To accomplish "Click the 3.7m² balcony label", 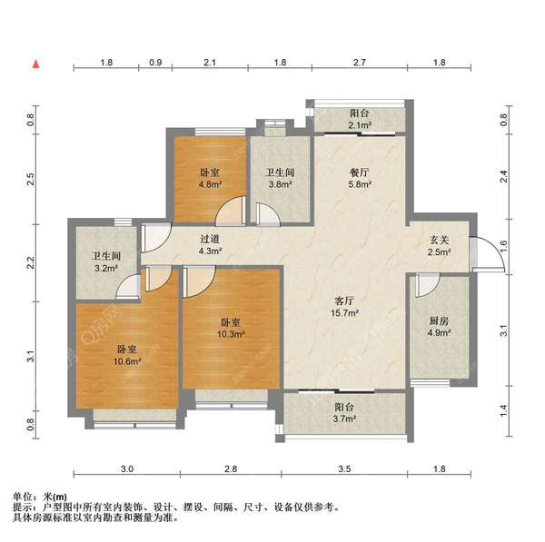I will click(342, 413).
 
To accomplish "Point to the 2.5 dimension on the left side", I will click(30, 179).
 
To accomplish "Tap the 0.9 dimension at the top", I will click(155, 63).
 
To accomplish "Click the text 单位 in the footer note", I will click(24, 496).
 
